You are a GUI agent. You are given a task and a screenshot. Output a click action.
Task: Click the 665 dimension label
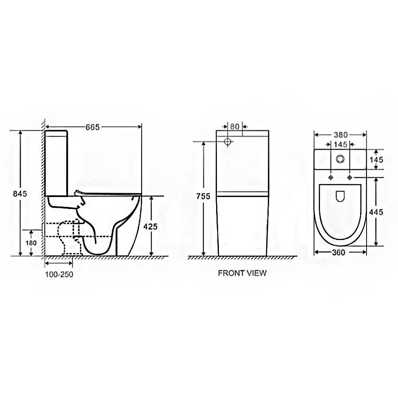[93, 127]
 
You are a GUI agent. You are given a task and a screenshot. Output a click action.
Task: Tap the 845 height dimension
[20, 194]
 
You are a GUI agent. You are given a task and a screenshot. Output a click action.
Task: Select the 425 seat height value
[150, 226]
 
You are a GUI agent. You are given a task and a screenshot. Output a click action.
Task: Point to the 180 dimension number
[31, 243]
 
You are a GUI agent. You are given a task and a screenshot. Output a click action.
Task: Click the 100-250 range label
[59, 274]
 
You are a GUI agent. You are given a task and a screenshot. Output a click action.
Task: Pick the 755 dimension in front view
[203, 196]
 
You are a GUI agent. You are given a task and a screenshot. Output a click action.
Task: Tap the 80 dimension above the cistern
[235, 127]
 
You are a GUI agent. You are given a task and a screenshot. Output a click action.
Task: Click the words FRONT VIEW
[242, 273]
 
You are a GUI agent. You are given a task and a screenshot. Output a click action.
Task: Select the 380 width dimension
[341, 135]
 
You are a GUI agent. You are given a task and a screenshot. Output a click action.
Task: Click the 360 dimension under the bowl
[339, 252]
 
